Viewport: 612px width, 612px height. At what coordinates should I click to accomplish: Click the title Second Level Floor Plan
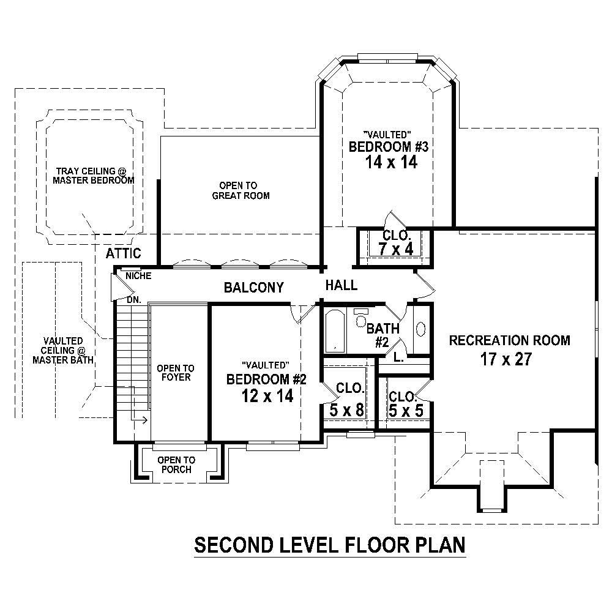coord(330,544)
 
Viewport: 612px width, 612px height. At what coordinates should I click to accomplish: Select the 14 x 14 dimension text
coord(382,163)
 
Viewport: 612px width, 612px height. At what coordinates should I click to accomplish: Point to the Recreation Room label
coord(509,340)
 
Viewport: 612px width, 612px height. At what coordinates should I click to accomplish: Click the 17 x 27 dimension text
coord(506,359)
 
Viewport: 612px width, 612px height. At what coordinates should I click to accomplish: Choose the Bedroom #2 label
coord(266,379)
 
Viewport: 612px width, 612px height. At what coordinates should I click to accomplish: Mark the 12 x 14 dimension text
coord(267,396)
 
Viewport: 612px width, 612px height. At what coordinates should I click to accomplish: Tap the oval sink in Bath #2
coord(421,329)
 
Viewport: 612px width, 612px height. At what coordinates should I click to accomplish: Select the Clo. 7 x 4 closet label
coord(397,243)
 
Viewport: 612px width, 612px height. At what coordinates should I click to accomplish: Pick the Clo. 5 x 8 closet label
coord(347,400)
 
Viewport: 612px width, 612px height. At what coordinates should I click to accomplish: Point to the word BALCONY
coord(253,287)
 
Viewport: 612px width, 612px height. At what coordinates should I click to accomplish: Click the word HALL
coord(341,285)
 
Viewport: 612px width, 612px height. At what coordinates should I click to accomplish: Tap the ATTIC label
coord(123,253)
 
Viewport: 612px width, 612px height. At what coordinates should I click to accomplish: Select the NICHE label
coord(138,276)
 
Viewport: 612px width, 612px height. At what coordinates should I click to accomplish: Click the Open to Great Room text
coord(241,190)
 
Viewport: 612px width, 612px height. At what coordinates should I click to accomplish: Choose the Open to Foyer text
coord(175,373)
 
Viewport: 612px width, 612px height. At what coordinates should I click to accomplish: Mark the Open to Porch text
coord(176,465)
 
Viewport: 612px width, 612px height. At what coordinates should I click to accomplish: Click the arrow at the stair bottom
coord(140,420)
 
